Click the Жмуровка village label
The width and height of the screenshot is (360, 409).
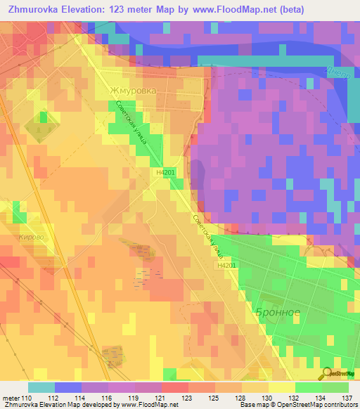132,91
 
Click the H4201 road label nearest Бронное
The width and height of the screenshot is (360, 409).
226,266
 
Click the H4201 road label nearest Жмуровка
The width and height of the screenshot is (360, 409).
165,170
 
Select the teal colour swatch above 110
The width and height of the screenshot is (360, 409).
41,387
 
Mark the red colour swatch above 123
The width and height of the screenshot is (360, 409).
174,387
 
